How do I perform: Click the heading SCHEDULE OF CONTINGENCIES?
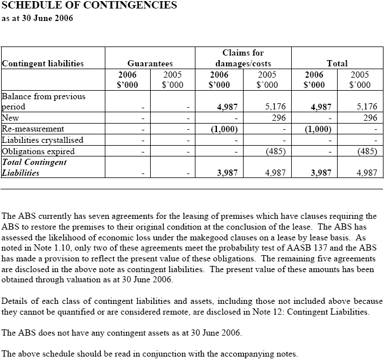point(90,6)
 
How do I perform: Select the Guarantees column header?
point(150,63)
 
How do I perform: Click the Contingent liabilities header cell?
point(43,63)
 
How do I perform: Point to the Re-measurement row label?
point(33,129)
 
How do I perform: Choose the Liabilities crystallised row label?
point(42,140)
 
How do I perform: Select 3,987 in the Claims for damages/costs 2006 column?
point(227,173)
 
